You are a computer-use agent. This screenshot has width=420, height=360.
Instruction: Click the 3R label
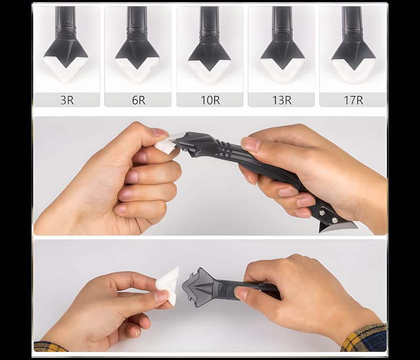[67, 100]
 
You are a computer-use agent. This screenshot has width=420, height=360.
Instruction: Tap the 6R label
[139, 100]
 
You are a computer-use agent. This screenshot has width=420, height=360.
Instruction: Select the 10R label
[211, 100]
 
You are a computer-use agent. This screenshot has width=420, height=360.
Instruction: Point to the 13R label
[282, 100]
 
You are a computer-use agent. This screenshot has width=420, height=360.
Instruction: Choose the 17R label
[353, 100]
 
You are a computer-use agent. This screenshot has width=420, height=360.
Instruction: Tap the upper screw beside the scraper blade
[322, 212]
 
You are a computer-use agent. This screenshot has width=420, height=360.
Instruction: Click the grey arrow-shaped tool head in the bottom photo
[199, 288]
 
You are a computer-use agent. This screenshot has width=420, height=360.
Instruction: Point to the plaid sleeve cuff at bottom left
[50, 346]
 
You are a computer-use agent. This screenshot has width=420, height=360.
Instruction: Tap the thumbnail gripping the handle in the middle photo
[251, 144]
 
